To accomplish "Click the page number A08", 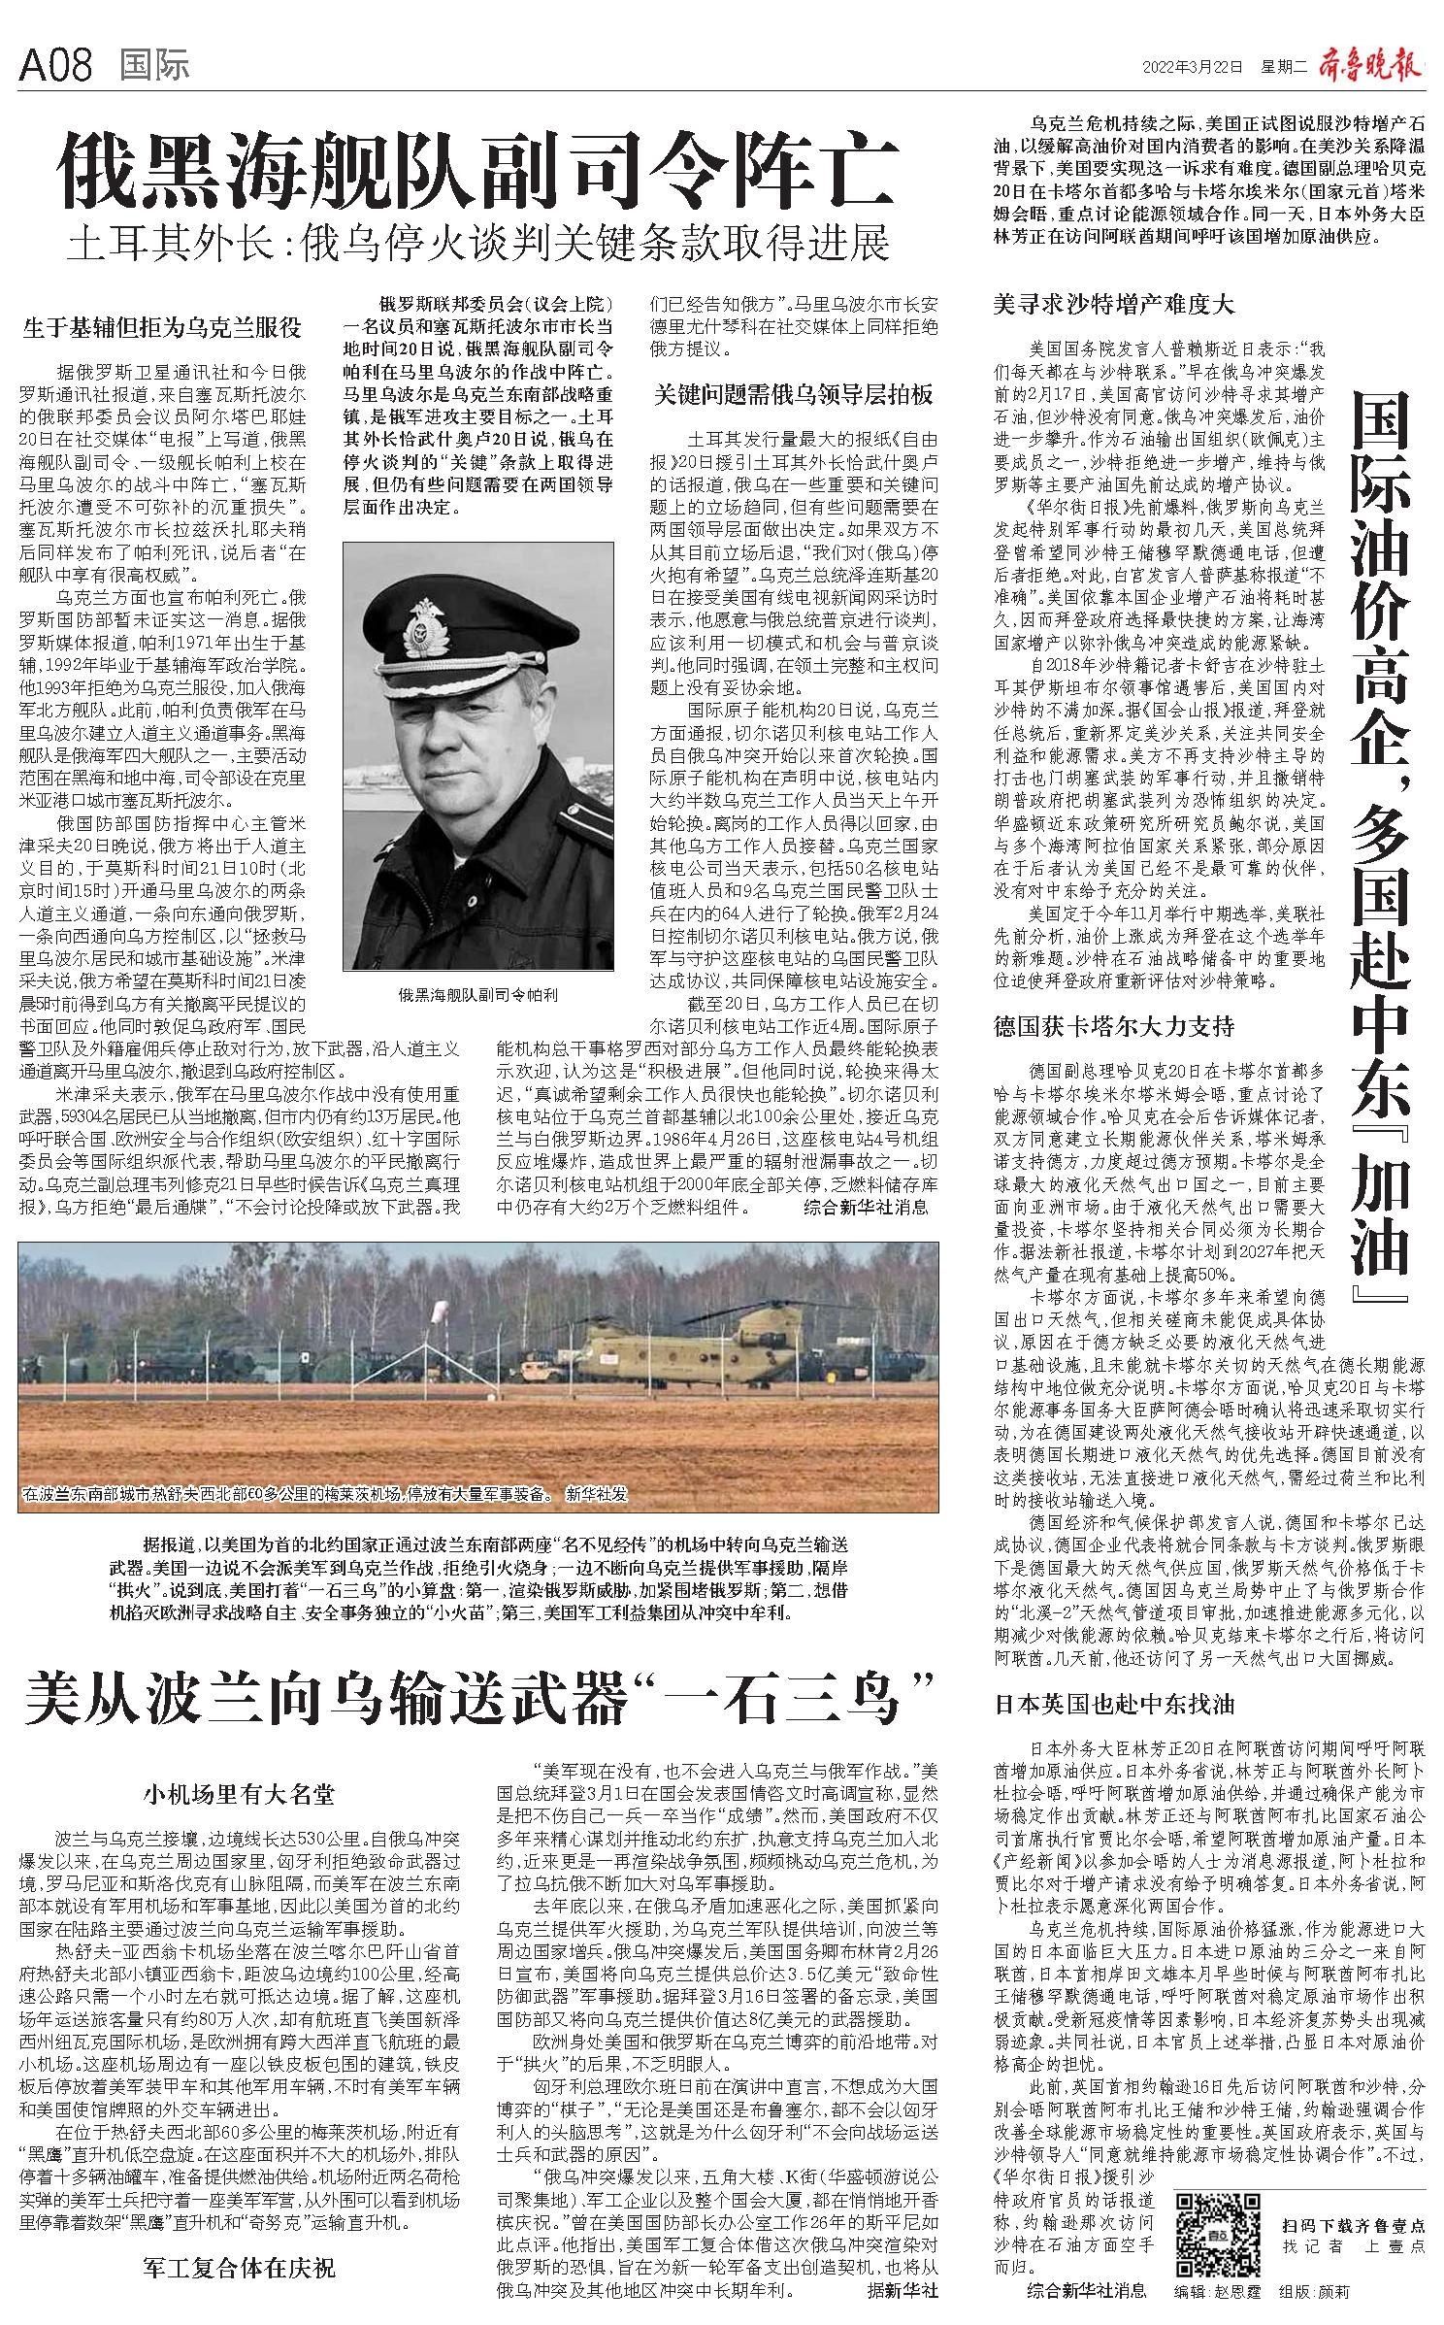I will (55, 65).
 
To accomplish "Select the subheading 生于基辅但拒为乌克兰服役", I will (162, 327).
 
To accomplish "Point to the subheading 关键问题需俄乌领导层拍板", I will (793, 394).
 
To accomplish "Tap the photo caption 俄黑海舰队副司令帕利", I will (478, 995).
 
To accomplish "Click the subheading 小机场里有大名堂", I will (239, 1793).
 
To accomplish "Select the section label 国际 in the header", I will (155, 65).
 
